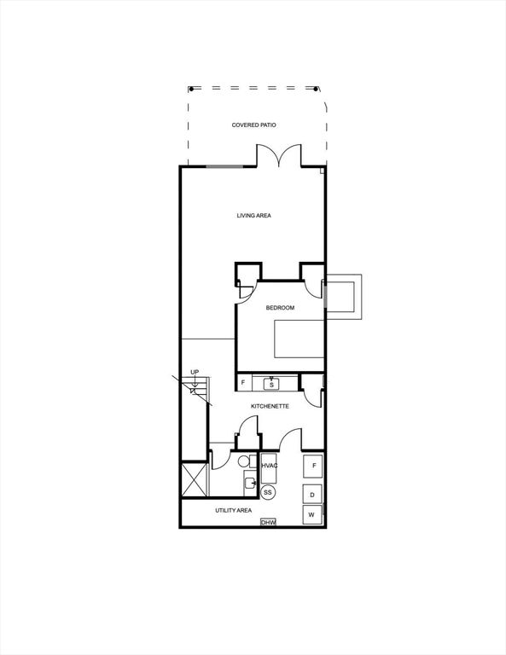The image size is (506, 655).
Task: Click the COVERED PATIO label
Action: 253,125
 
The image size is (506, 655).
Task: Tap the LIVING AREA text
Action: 253,216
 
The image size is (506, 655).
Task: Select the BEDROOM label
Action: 280,308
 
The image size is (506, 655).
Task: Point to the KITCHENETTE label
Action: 270,406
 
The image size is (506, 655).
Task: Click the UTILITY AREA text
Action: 233,511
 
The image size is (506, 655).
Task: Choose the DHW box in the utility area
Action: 268,522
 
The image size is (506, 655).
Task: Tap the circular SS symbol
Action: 268,492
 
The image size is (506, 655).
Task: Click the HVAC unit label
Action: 269,466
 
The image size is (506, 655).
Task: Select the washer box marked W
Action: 312,514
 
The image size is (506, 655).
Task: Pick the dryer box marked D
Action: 312,495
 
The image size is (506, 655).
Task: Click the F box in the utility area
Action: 313,466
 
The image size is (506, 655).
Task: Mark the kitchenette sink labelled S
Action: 271,385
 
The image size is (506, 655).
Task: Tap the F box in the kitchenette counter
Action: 243,382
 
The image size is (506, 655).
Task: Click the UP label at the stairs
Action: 195,372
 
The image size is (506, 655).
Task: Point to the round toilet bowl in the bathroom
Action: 243,461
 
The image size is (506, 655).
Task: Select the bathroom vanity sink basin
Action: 250,484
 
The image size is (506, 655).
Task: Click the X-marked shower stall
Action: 195,479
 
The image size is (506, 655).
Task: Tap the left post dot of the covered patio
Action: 191,89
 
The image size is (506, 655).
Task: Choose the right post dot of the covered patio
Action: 316,89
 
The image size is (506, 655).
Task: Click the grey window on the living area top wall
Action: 224,166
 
